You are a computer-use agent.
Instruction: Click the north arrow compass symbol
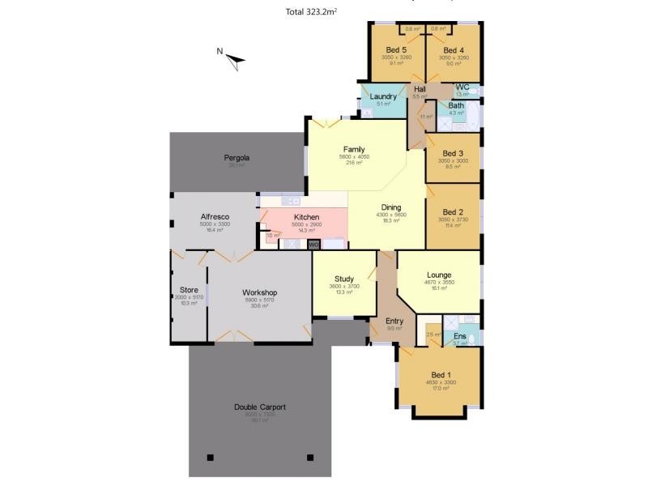(234, 58)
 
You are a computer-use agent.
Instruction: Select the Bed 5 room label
(396, 50)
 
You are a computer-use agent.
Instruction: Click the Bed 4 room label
(454, 50)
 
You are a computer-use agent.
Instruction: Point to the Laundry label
(382, 96)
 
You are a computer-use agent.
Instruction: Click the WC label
(462, 87)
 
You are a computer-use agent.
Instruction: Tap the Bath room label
(456, 105)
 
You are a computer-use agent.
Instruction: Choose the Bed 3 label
(453, 153)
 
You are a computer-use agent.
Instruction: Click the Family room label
(353, 149)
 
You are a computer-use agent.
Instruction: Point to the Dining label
(391, 207)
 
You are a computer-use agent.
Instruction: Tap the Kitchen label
(306, 217)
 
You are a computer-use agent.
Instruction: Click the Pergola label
(237, 157)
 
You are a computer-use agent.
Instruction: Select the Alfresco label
(215, 216)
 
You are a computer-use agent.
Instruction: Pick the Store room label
(189, 289)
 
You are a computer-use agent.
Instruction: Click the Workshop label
(259, 292)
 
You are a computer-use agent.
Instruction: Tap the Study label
(344, 279)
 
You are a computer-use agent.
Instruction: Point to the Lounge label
(439, 275)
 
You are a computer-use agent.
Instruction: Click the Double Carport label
(259, 407)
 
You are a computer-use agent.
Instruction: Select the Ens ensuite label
(459, 335)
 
